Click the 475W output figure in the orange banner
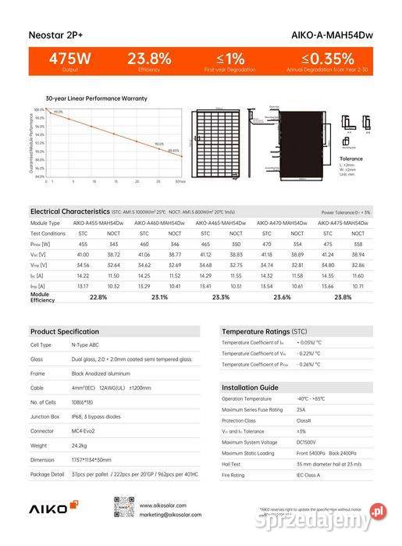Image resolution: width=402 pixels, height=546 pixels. (70, 59)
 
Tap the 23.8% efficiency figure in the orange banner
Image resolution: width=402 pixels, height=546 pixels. (148, 59)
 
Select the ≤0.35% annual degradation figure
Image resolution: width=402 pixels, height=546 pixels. (328, 59)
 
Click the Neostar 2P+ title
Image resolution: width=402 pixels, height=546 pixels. (56, 35)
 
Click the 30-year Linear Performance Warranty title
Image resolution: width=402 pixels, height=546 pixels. (96, 99)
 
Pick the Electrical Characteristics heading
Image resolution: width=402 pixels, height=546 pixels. (70, 212)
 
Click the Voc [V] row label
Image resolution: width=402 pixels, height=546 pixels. (38, 255)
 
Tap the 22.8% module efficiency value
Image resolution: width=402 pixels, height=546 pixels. (99, 298)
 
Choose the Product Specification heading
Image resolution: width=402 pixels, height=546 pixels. (65, 331)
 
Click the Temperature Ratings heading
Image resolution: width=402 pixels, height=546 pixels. (264, 331)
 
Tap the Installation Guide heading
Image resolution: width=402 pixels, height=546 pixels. (250, 387)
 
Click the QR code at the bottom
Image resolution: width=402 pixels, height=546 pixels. (125, 506)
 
